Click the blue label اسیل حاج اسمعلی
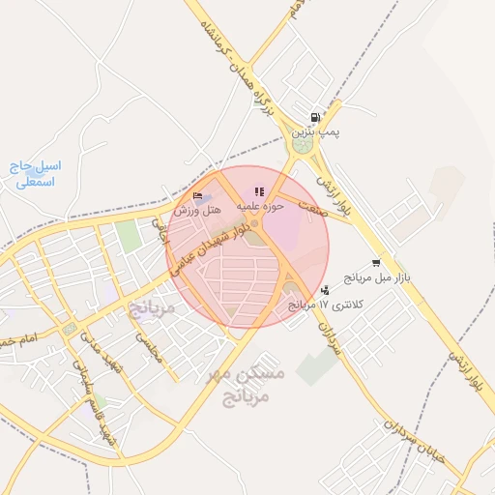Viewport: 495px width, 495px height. [x=38, y=173]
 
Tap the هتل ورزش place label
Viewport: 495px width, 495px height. [x=197, y=209]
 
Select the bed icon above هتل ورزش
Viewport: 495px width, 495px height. [x=198, y=195]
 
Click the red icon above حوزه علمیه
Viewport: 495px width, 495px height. [x=258, y=191]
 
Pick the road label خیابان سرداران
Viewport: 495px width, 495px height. [x=417, y=440]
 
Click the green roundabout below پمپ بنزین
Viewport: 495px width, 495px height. [x=304, y=146]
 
